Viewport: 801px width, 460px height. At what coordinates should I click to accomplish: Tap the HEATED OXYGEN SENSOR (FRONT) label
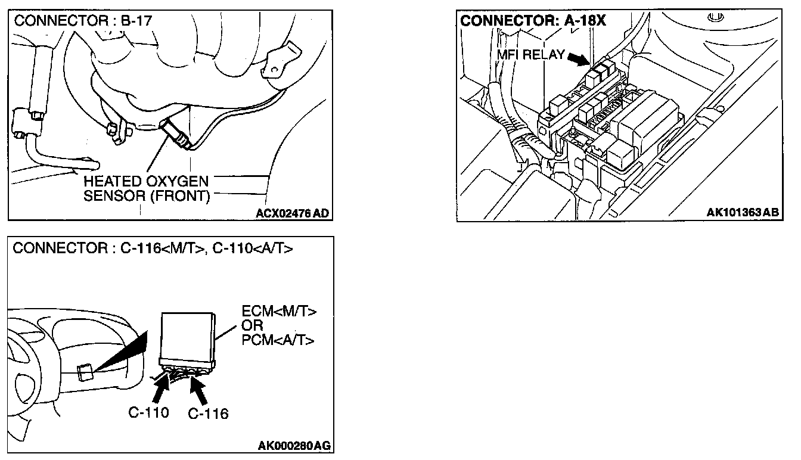tap(146, 188)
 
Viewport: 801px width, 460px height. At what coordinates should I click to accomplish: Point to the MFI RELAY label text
tap(530, 55)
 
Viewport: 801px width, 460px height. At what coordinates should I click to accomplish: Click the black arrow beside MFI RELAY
tap(579, 58)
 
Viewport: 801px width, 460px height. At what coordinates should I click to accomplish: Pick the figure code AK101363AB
tap(743, 213)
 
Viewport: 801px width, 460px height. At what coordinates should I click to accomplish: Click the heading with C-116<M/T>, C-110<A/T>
tap(153, 248)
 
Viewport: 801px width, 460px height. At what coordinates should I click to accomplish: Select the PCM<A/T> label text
tap(278, 340)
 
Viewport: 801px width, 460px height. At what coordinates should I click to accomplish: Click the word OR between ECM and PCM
tap(253, 326)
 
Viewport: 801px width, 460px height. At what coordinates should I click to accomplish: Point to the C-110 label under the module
tap(148, 412)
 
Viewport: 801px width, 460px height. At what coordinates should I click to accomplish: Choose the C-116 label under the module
tap(208, 414)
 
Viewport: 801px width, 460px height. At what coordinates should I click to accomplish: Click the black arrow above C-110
tap(160, 391)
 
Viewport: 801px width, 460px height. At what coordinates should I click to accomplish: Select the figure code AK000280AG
tap(294, 445)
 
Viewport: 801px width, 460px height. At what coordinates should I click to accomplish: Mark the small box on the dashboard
tap(85, 372)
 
